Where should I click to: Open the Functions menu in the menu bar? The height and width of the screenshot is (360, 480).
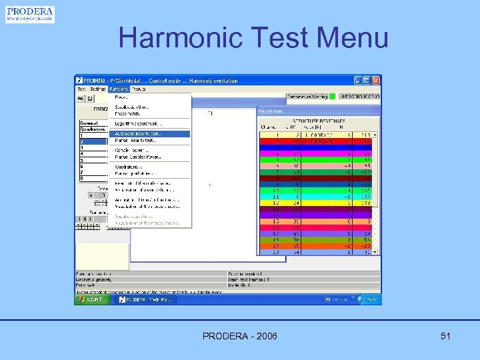click(118, 88)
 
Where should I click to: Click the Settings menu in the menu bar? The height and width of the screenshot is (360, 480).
click(98, 88)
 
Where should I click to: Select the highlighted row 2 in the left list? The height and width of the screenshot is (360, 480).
click(93, 141)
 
